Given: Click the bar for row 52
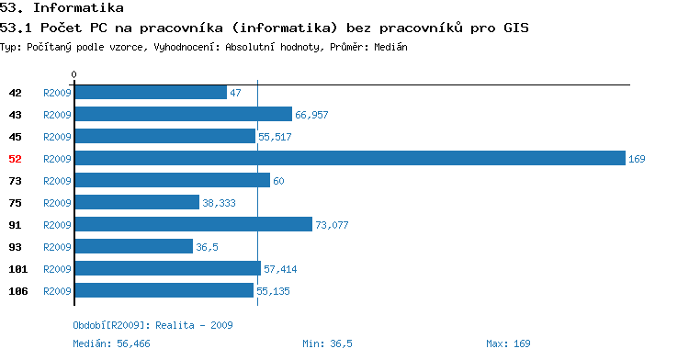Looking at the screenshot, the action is [350, 158].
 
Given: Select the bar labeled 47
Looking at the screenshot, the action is [152, 92].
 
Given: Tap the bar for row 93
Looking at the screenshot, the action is [134, 246].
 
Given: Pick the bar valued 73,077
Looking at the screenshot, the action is [194, 224].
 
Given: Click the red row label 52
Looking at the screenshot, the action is [15, 159].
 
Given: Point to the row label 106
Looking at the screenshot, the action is [18, 291].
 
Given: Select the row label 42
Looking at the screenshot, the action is [15, 93].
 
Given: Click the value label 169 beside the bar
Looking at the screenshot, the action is [637, 159].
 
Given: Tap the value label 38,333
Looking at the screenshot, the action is [219, 203].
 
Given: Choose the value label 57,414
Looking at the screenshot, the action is [280, 269].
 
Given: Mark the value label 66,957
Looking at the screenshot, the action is [311, 115].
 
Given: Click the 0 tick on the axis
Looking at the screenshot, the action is [73, 74].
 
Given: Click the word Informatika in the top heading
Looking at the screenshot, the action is [78, 8].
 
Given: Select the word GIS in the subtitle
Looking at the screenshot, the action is [516, 28].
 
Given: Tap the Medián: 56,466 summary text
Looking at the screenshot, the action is [111, 343].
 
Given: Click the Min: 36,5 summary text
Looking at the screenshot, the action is [327, 343].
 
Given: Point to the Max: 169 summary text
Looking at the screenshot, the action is [508, 343].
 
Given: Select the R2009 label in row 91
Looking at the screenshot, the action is [57, 225].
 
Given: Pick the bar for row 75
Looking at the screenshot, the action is [137, 202].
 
